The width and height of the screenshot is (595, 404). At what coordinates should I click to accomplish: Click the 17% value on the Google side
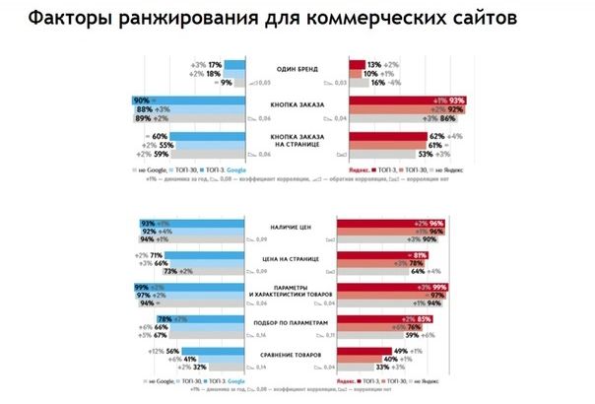(213, 63)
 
